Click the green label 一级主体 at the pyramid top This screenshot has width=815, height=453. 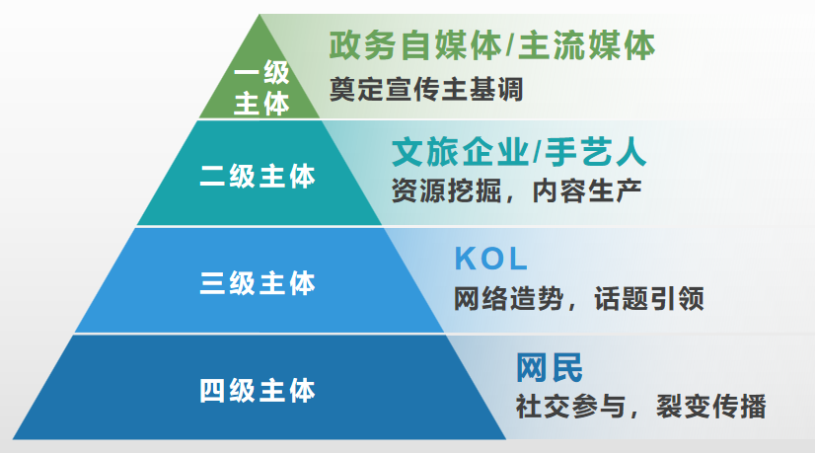point(261,88)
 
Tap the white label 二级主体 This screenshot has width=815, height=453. point(258,176)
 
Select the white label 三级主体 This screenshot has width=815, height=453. point(258,283)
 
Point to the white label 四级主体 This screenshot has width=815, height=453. point(258,391)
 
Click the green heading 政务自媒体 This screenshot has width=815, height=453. point(415,45)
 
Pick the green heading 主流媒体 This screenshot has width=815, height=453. point(587,45)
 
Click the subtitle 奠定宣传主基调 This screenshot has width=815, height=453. point(426,90)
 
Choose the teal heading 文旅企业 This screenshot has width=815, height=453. point(461,152)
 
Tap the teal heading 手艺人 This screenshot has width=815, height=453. point(596,152)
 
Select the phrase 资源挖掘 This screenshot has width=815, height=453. point(446,191)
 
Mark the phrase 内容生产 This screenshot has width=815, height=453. point(587,191)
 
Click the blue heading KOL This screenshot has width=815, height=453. point(491,259)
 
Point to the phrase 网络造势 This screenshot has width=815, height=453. point(509,298)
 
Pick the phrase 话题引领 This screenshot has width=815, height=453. point(649,298)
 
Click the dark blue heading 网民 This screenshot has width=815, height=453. point(550,368)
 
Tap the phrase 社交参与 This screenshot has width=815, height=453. point(570,407)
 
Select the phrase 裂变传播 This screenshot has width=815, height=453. point(711,407)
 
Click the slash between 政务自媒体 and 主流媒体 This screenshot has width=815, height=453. point(510,45)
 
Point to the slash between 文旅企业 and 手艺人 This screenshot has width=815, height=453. point(537,152)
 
